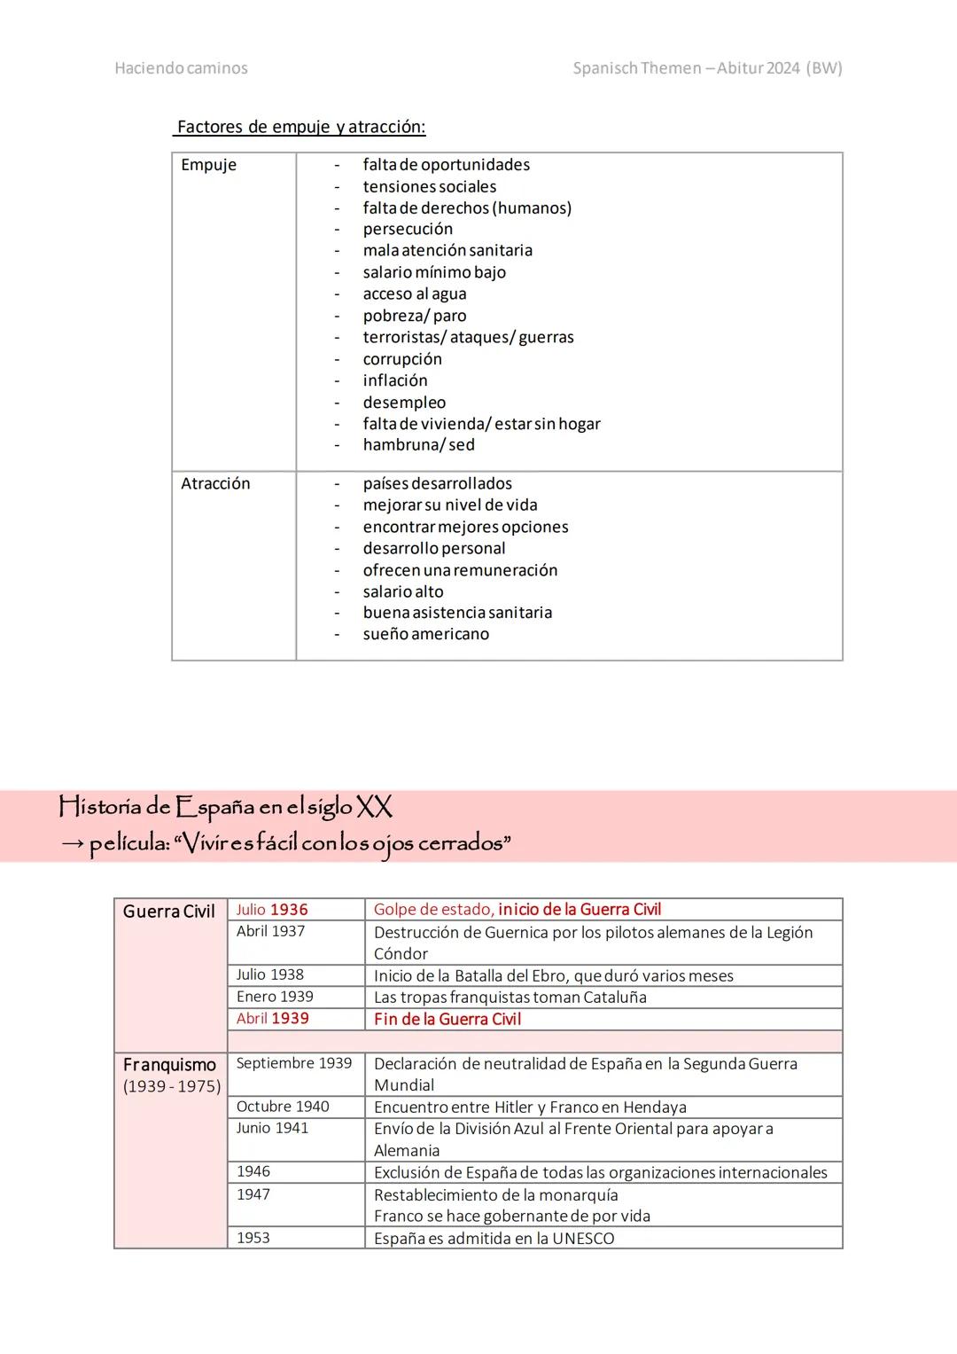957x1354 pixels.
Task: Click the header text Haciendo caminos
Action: (x=181, y=68)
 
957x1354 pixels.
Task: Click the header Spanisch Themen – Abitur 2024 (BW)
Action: (x=707, y=68)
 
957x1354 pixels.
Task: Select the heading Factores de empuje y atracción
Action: (x=300, y=127)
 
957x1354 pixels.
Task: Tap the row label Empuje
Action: (x=208, y=165)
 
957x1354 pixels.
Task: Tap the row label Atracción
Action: (x=215, y=483)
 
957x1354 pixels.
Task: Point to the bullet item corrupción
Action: (x=402, y=359)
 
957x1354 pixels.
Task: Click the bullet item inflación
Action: (x=395, y=380)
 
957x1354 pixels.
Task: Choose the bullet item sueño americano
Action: (x=425, y=634)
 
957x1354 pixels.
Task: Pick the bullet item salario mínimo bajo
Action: (x=434, y=272)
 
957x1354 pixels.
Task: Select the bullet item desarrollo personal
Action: (x=434, y=548)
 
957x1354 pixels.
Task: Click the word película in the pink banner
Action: (x=129, y=843)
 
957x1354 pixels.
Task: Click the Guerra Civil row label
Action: (x=168, y=912)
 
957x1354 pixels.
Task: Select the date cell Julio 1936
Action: (x=272, y=910)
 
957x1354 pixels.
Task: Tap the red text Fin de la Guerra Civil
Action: (x=447, y=1019)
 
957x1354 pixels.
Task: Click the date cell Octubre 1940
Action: (x=283, y=1107)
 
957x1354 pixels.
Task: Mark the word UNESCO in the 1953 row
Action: (x=583, y=1239)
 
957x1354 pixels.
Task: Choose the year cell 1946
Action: (x=253, y=1171)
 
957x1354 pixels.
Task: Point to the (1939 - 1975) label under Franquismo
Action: (x=172, y=1086)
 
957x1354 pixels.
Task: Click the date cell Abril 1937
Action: (x=270, y=931)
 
